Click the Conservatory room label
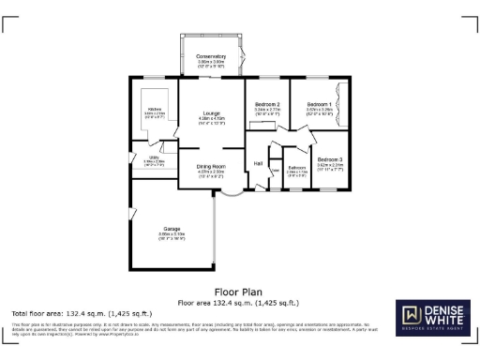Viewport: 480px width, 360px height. [211, 57]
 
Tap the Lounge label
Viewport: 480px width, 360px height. [211, 113]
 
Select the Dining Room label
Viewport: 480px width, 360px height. [211, 166]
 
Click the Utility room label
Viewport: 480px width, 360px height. [154, 157]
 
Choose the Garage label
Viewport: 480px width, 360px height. [172, 229]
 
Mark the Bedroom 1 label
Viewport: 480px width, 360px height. [319, 104]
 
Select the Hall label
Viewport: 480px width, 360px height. [258, 164]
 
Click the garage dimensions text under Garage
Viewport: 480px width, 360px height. [172, 235]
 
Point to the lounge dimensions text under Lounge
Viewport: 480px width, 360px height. [211, 120]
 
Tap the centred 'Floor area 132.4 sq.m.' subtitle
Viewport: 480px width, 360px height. [238, 303]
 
